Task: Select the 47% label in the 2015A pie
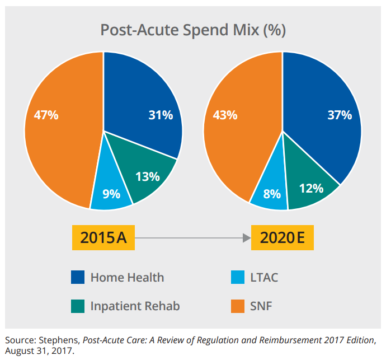46,115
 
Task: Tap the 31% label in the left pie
161,115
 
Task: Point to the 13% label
148,176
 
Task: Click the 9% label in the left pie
111,194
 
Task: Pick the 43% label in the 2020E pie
225,115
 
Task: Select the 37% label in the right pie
340,115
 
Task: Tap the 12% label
312,188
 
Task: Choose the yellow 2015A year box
103,238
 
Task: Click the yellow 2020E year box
283,238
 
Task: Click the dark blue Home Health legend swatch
77,277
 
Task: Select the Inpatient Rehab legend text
135,306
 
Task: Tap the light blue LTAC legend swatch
237,277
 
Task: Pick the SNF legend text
262,306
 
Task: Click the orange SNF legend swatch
237,306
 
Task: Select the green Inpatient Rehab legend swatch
77,306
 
